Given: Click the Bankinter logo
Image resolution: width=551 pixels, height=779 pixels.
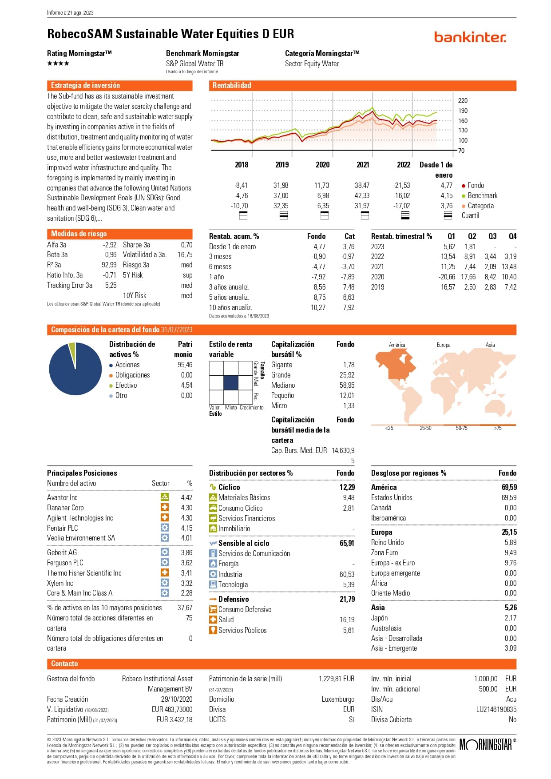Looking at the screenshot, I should pyautogui.click(x=470, y=37).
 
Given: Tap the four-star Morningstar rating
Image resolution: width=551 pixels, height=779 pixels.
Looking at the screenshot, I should pyautogui.click(x=58, y=64).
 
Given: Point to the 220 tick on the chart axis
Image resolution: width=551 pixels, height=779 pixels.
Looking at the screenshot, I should pyautogui.click(x=463, y=100).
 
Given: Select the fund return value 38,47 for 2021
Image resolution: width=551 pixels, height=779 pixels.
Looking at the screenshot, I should pyautogui.click(x=362, y=185).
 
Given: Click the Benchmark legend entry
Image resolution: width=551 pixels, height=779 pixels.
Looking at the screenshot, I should pyautogui.click(x=482, y=195).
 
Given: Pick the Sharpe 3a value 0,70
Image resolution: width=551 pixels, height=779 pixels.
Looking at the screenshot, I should pyautogui.click(x=186, y=245).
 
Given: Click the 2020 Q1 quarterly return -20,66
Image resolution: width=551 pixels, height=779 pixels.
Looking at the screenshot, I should pyautogui.click(x=447, y=277).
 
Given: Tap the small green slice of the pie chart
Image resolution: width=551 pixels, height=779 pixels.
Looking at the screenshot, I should pyautogui.click(x=72, y=349).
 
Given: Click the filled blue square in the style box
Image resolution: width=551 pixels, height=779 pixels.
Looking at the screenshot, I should pyautogui.click(x=231, y=382).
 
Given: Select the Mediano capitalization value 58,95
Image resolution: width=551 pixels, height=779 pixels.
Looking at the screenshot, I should pyautogui.click(x=347, y=385).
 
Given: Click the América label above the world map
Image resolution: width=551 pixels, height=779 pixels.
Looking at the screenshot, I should pyautogui.click(x=397, y=345).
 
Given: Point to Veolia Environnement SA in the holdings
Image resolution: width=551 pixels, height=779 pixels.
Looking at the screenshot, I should pyautogui.click(x=81, y=538).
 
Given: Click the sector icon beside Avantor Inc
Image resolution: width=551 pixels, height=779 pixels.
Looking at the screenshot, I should pyautogui.click(x=165, y=497).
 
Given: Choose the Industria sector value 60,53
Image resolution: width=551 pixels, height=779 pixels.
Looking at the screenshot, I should pyautogui.click(x=347, y=574).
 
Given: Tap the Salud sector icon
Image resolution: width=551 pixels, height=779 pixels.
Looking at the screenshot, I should pyautogui.click(x=213, y=620).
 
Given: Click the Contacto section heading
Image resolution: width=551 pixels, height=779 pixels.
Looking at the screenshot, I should pyautogui.click(x=64, y=664).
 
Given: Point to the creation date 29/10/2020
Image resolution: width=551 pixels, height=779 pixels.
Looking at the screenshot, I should pyautogui.click(x=176, y=699).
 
